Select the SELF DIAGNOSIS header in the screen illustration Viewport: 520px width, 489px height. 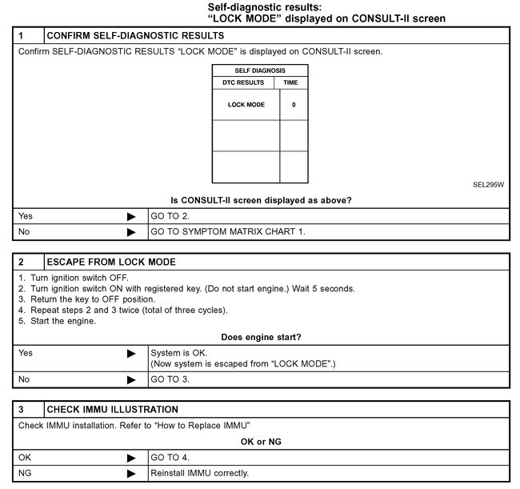pyautogui.click(x=260, y=70)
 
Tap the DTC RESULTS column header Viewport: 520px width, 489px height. pyautogui.click(x=242, y=82)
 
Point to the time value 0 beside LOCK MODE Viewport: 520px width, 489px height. pyautogui.click(x=294, y=105)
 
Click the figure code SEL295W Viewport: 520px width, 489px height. pyautogui.click(x=489, y=184)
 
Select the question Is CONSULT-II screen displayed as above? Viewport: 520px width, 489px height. pyautogui.click(x=262, y=200)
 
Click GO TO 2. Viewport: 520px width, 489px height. pyautogui.click(x=170, y=216)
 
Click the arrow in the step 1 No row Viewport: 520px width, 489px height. pyautogui.click(x=131, y=232)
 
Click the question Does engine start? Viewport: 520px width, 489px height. pyautogui.click(x=262, y=337)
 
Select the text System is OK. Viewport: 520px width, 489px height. pyautogui.click(x=178, y=352)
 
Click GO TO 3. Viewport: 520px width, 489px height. pyautogui.click(x=170, y=379)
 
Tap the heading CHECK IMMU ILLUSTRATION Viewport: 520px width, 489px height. pyautogui.click(x=113, y=409)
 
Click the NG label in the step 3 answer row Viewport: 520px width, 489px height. pyautogui.click(x=25, y=472)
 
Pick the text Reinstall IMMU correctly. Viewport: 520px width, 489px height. pyautogui.click(x=200, y=472)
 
